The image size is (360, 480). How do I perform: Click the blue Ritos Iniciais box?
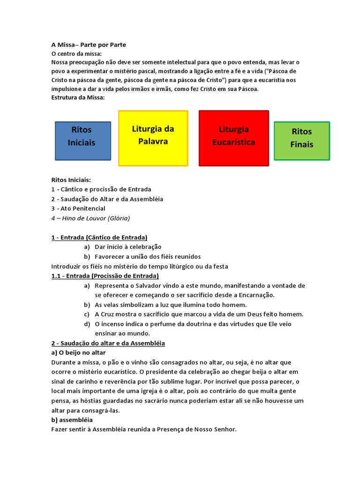click(x=83, y=141)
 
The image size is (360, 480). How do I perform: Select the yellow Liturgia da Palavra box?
click(x=153, y=138)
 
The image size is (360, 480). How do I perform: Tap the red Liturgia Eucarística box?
click(x=234, y=138)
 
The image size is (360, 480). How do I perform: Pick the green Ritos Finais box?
click(x=302, y=141)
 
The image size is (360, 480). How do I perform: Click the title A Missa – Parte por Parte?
click(x=89, y=45)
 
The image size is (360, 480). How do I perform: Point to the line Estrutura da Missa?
click(x=78, y=97)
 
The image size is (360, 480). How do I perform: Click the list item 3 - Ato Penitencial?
click(x=78, y=209)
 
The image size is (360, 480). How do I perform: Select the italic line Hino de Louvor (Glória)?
click(x=91, y=218)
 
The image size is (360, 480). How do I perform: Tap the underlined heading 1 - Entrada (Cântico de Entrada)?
click(x=99, y=238)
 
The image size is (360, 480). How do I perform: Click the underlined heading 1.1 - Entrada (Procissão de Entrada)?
click(x=105, y=276)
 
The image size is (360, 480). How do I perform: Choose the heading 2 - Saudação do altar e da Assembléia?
click(x=108, y=343)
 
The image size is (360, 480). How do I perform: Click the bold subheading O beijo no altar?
click(x=79, y=352)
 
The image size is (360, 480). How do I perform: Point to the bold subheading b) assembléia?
click(x=72, y=420)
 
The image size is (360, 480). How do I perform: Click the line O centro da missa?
click(x=76, y=54)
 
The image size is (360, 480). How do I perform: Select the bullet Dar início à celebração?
click(x=128, y=247)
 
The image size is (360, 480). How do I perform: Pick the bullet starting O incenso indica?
click(x=200, y=324)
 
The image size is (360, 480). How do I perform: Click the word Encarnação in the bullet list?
click(x=256, y=295)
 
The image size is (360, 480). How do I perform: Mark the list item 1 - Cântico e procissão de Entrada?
click(x=101, y=189)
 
